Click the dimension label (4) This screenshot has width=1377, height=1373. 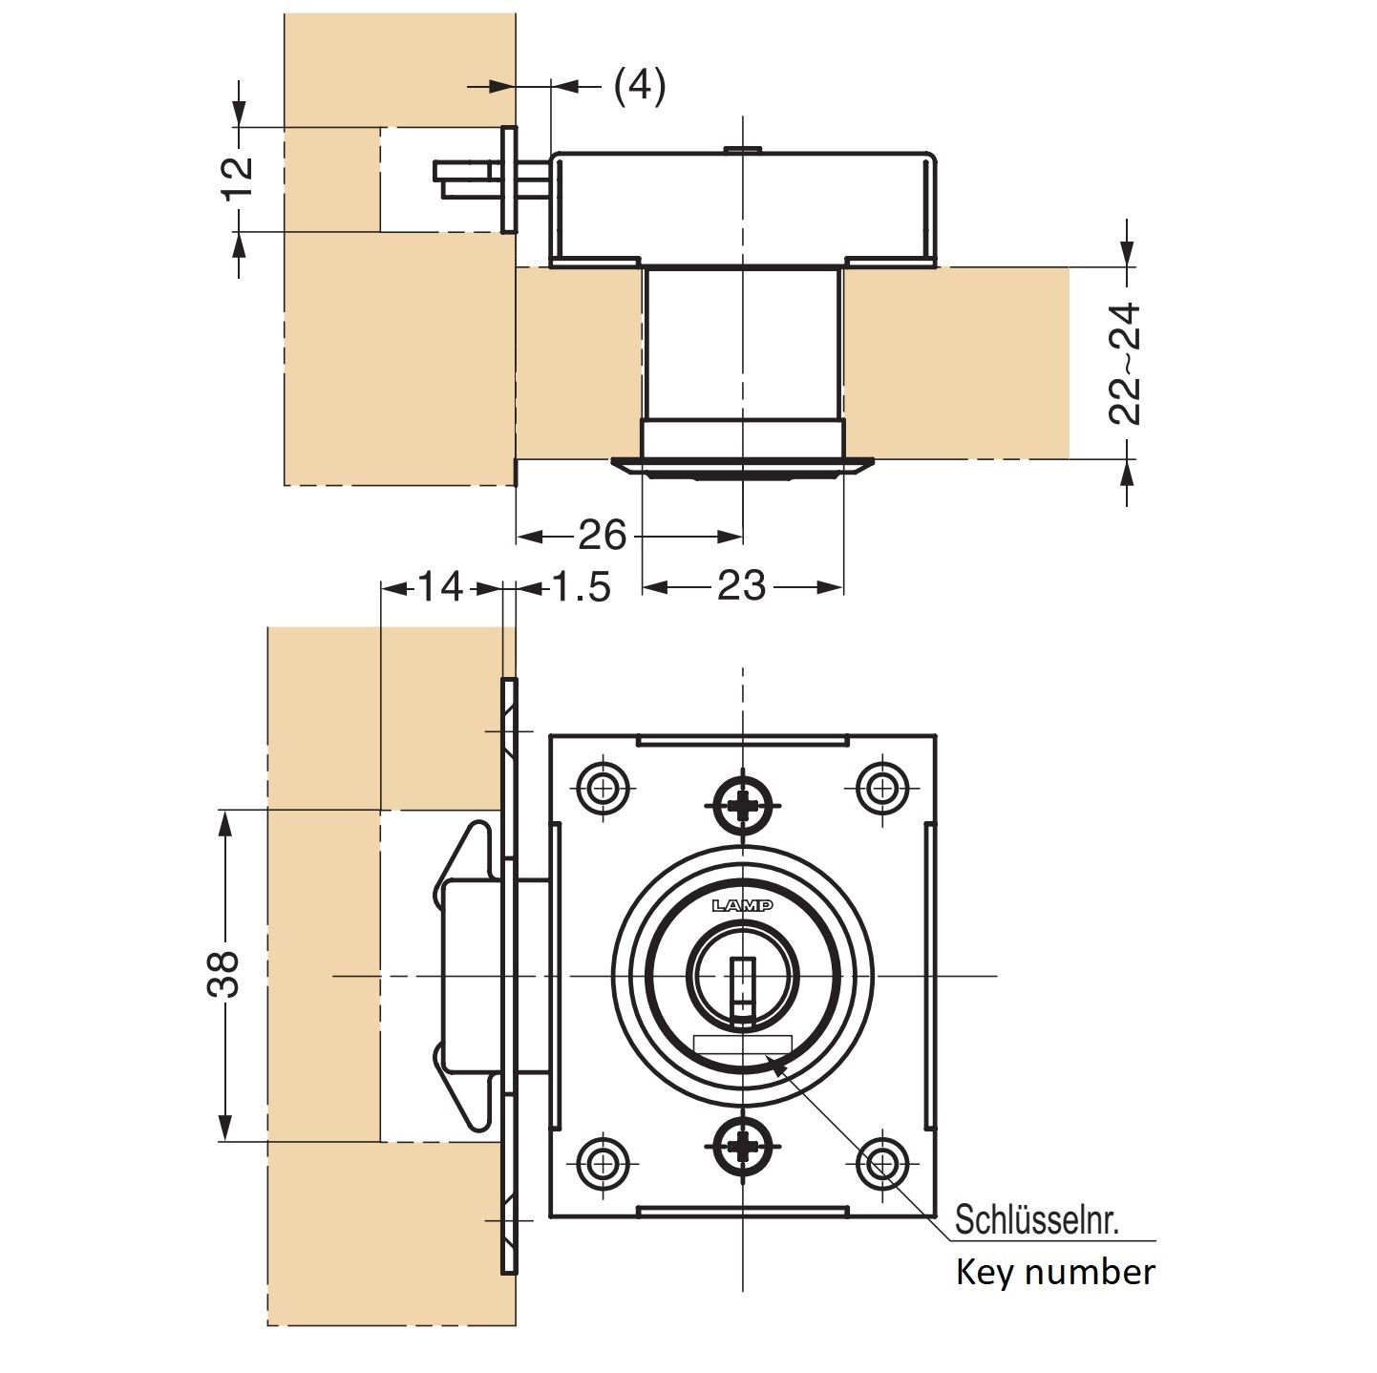pos(639,86)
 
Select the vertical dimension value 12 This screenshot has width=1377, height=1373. pos(238,178)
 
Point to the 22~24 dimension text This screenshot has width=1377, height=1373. pos(1126,363)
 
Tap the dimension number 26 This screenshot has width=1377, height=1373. pos(602,536)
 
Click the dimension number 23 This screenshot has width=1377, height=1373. pos(741,586)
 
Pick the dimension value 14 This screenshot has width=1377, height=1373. pos(440,586)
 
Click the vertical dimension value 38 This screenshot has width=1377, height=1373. pos(223,973)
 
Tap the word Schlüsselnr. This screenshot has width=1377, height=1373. pos(1037,1220)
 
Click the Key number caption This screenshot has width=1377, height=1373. pos(1055,1273)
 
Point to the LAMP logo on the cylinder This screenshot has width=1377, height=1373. pos(742,905)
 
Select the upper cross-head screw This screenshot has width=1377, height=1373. pos(742,806)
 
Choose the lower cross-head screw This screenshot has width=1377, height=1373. pos(742,1144)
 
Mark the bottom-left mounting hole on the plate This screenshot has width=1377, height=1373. pos(604,1163)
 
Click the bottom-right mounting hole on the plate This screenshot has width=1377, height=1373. pos(880,1163)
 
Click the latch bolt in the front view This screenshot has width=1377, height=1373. pos(468,975)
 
